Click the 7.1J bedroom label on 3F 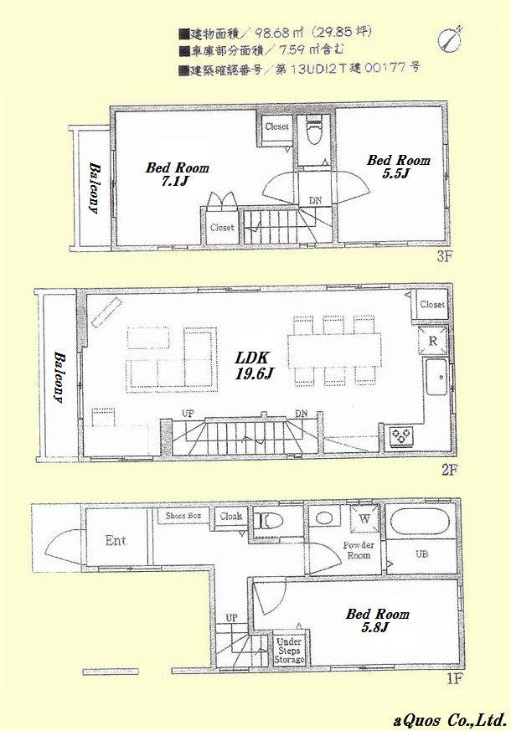click(x=177, y=174)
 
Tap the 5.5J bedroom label click(x=399, y=167)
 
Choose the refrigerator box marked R click(x=433, y=342)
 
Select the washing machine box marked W click(x=365, y=518)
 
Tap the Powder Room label click(x=358, y=549)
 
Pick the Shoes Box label click(x=182, y=517)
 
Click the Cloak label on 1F click(x=231, y=517)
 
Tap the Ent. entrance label click(x=116, y=541)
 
